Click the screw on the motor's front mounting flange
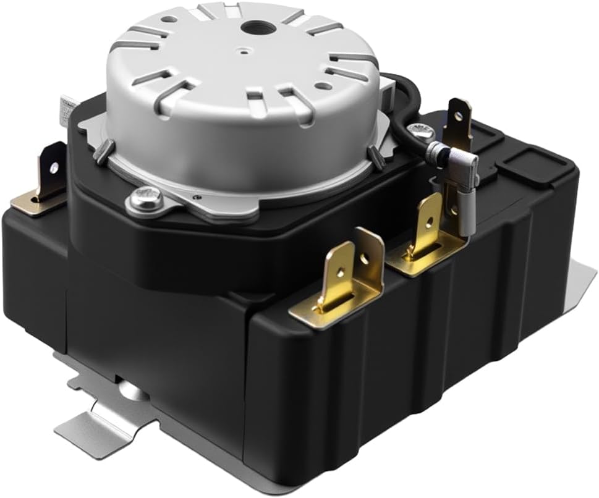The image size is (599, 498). [x=147, y=199]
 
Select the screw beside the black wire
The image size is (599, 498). [x=423, y=130]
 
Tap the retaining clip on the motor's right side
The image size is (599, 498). [x=373, y=154]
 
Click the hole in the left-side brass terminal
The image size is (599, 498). [x=54, y=167]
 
